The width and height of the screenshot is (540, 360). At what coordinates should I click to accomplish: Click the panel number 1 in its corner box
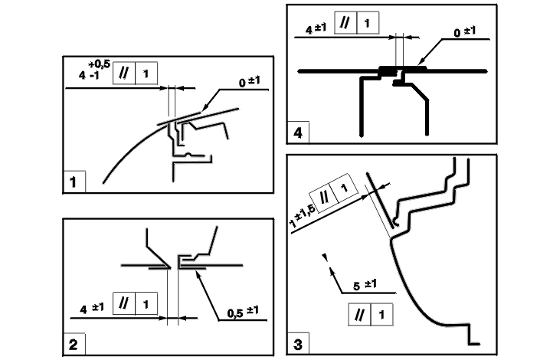click(x=73, y=182)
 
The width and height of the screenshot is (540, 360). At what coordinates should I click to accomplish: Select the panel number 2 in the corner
click(x=73, y=345)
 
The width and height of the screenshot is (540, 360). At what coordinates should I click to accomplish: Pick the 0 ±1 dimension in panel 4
click(x=464, y=32)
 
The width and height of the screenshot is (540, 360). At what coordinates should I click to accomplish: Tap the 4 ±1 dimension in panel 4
click(x=316, y=30)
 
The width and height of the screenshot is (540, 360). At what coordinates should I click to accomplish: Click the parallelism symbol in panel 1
click(x=123, y=75)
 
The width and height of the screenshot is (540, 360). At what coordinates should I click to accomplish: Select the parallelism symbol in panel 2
click(x=123, y=303)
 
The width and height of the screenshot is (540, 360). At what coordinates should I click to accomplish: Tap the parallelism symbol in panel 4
click(x=346, y=25)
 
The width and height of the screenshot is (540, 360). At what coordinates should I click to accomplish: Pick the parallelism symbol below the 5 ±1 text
click(x=359, y=313)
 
